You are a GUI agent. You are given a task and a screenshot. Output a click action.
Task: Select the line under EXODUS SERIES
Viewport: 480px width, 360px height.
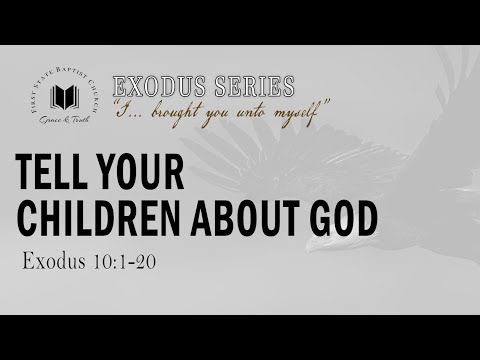pyautogui.click(x=205, y=100)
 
